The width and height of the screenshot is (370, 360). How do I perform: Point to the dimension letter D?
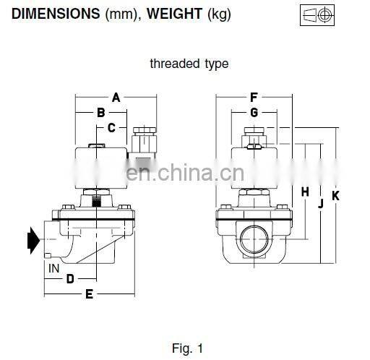(x=70, y=278)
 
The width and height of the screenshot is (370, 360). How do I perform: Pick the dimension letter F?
(x=254, y=96)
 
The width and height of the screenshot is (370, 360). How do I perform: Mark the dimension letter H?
(x=305, y=192)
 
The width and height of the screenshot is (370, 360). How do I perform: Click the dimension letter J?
(x=319, y=203)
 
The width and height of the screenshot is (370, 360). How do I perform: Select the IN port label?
(x=54, y=268)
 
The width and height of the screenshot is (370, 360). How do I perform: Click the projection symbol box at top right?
(x=317, y=14)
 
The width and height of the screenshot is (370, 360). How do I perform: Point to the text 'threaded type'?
(x=189, y=64)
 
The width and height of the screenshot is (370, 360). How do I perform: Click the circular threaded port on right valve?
(x=254, y=236)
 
